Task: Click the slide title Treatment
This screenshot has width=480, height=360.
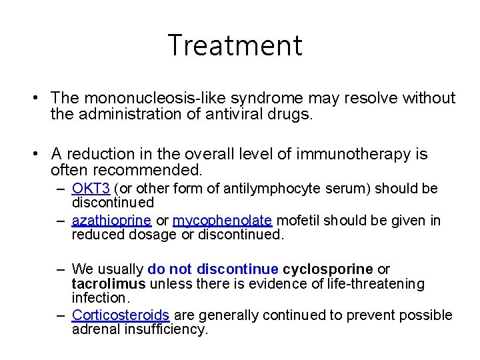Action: click(x=235, y=45)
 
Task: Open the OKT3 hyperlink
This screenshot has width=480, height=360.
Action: click(x=91, y=189)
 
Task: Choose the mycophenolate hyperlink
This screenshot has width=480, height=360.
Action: click(x=222, y=221)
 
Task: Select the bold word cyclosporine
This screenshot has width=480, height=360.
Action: click(x=328, y=269)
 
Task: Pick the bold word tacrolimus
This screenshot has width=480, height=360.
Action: click(x=109, y=284)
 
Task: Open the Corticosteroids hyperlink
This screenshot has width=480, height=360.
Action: click(x=120, y=315)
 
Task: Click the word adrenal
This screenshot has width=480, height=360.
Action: click(x=95, y=330)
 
